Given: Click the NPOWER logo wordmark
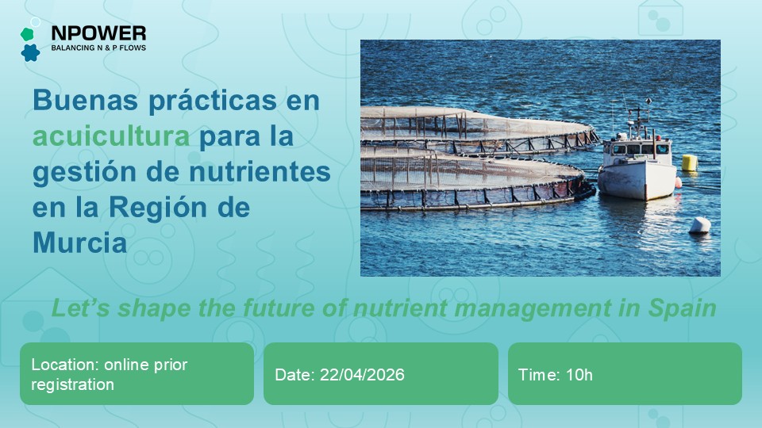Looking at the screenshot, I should click(x=98, y=33).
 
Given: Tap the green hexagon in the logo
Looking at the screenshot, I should click(x=28, y=34).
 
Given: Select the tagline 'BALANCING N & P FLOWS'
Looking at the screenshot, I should click(x=98, y=48).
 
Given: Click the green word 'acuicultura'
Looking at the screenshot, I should click(x=111, y=136).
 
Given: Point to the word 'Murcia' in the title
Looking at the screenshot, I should click(x=79, y=243).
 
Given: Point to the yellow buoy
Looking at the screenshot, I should click(x=690, y=162).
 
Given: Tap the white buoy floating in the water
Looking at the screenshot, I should click(x=699, y=225).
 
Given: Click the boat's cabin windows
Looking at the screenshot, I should click(x=634, y=148).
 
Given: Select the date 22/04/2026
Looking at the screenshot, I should click(x=361, y=375).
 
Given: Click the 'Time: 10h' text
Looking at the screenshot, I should click(x=555, y=375).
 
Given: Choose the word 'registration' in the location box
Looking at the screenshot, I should click(x=73, y=384).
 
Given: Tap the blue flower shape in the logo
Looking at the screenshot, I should click(x=30, y=53).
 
